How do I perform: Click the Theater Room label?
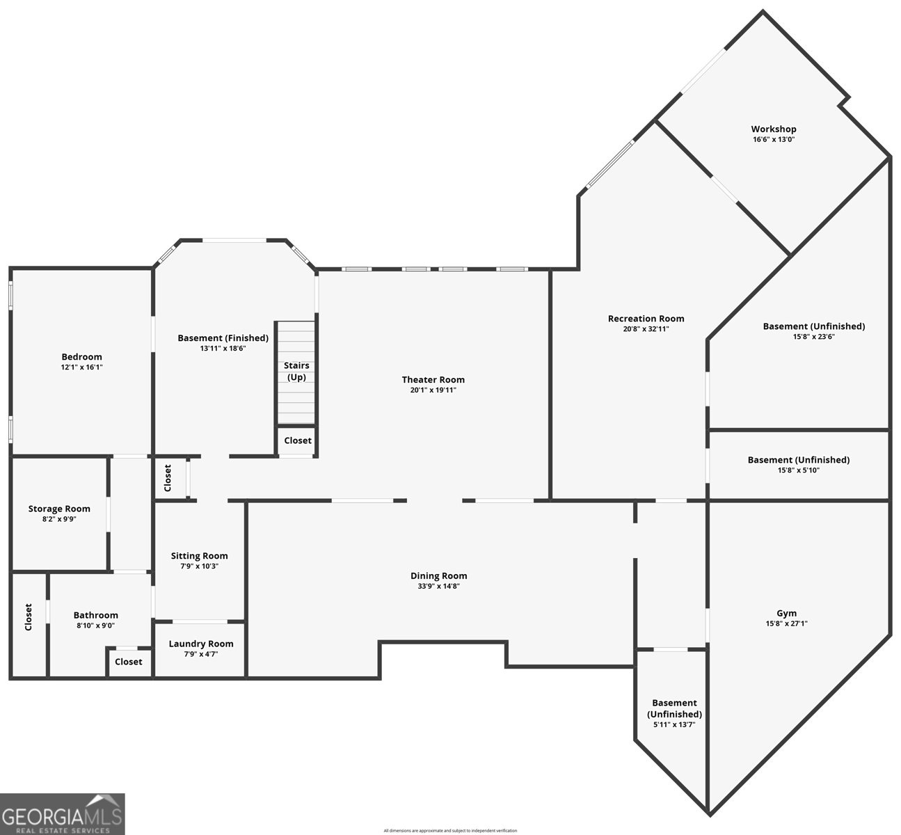click(x=433, y=379)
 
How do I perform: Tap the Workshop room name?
click(x=773, y=129)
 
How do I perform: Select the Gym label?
click(x=786, y=613)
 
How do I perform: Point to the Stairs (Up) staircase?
click(x=296, y=372)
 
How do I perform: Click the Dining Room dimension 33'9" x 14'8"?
click(x=438, y=587)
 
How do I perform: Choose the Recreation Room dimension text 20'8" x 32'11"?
click(x=646, y=329)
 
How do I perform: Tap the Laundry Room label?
click(x=200, y=644)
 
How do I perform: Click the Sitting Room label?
click(x=200, y=555)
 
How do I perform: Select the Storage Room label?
click(x=59, y=509)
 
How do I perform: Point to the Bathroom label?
click(x=95, y=615)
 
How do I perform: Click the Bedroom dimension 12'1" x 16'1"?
click(x=81, y=367)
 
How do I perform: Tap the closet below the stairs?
click(x=298, y=440)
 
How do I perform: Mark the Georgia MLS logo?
click(x=63, y=814)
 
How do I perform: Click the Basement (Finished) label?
click(x=223, y=338)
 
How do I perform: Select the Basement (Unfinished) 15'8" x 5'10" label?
click(x=798, y=460)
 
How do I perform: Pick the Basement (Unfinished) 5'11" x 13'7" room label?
click(x=674, y=708)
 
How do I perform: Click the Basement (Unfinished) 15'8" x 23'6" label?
click(x=813, y=326)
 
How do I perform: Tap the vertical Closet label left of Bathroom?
click(x=29, y=617)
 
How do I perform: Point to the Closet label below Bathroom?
click(x=128, y=662)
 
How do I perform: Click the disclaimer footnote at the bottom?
click(x=450, y=831)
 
